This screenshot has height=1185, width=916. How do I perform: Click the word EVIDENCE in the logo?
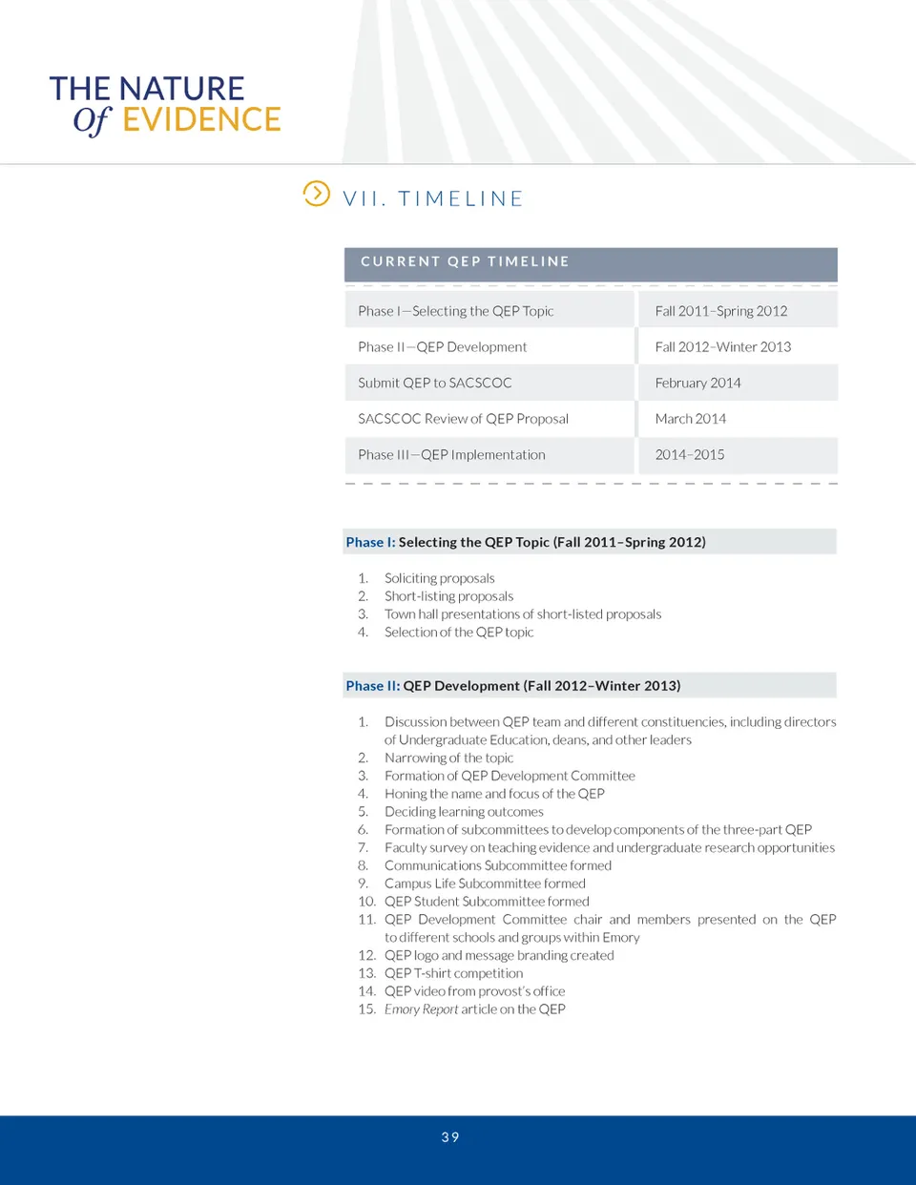click(201, 119)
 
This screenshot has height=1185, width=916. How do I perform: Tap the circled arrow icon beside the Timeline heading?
click(316, 194)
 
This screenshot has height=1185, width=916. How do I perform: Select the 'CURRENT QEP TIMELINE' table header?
click(465, 261)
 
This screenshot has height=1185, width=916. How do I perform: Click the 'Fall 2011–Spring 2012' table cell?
click(720, 311)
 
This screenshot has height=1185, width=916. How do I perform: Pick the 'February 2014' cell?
click(697, 383)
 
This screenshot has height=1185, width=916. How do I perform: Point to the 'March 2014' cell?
click(690, 419)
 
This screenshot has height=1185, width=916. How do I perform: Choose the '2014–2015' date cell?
click(689, 455)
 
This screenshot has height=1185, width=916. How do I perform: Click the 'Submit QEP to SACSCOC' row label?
click(434, 383)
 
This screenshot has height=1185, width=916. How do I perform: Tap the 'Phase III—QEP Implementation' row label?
click(451, 455)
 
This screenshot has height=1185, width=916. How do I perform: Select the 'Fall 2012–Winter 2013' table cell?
click(722, 347)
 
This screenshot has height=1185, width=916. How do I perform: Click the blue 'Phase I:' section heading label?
click(370, 542)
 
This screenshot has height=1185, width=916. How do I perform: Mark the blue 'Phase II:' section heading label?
click(372, 686)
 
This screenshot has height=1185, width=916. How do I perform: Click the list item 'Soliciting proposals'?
click(439, 578)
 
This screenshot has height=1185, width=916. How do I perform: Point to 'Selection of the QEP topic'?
click(459, 633)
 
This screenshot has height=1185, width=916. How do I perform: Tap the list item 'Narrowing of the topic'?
click(448, 758)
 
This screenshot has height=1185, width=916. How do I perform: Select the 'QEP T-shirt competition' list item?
click(453, 973)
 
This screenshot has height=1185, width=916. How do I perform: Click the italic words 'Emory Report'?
click(421, 1009)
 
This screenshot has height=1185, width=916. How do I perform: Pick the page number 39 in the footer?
click(450, 1137)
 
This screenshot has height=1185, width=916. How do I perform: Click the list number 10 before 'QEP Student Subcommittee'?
click(366, 902)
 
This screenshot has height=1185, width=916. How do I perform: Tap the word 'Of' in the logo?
click(93, 120)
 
